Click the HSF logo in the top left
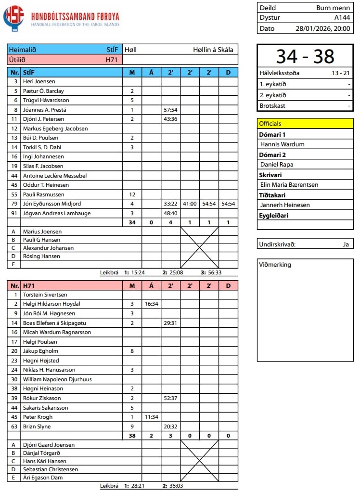(13, 18)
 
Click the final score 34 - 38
(305, 56)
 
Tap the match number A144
(342, 18)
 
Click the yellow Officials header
(305, 123)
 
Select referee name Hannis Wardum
(282, 144)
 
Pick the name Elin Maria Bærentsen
(289, 184)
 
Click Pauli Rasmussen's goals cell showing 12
(132, 194)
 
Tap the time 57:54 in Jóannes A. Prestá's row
(170, 110)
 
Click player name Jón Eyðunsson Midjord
(52, 204)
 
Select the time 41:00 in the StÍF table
(190, 204)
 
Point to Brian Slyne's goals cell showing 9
(132, 426)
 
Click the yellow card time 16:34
(151, 304)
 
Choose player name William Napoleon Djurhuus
(57, 379)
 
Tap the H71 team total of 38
(132, 436)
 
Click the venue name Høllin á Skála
(213, 50)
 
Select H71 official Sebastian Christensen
(51, 469)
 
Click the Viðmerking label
(275, 265)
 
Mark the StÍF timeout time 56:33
(215, 272)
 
